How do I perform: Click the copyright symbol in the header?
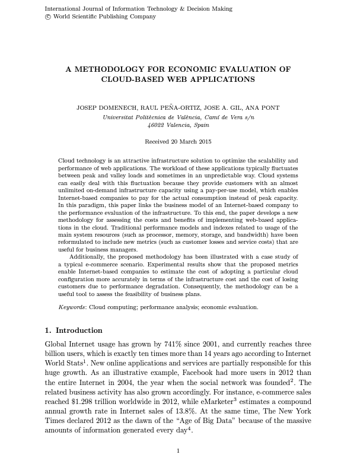coord(48,17)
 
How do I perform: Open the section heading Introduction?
coord(79,330)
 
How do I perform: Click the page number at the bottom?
coord(178,451)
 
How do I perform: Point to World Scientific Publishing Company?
coord(104,17)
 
